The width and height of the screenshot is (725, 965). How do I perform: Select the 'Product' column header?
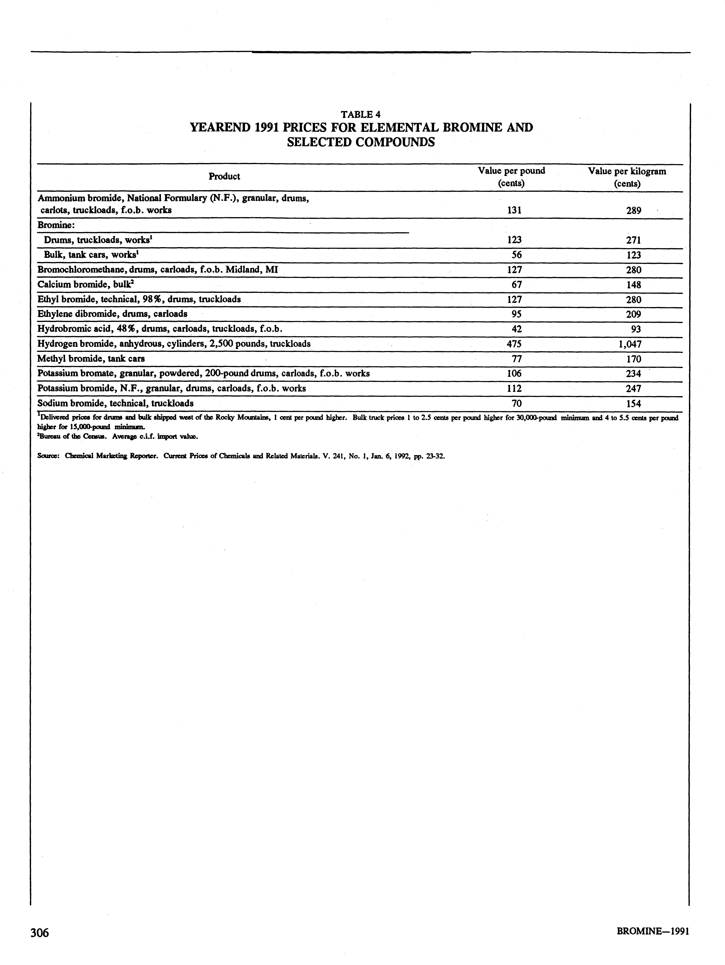coord(224,176)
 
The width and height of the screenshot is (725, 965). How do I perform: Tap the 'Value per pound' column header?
coord(511,171)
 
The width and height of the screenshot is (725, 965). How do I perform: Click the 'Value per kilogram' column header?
coord(627,171)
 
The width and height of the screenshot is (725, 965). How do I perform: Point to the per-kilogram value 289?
coord(633,210)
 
